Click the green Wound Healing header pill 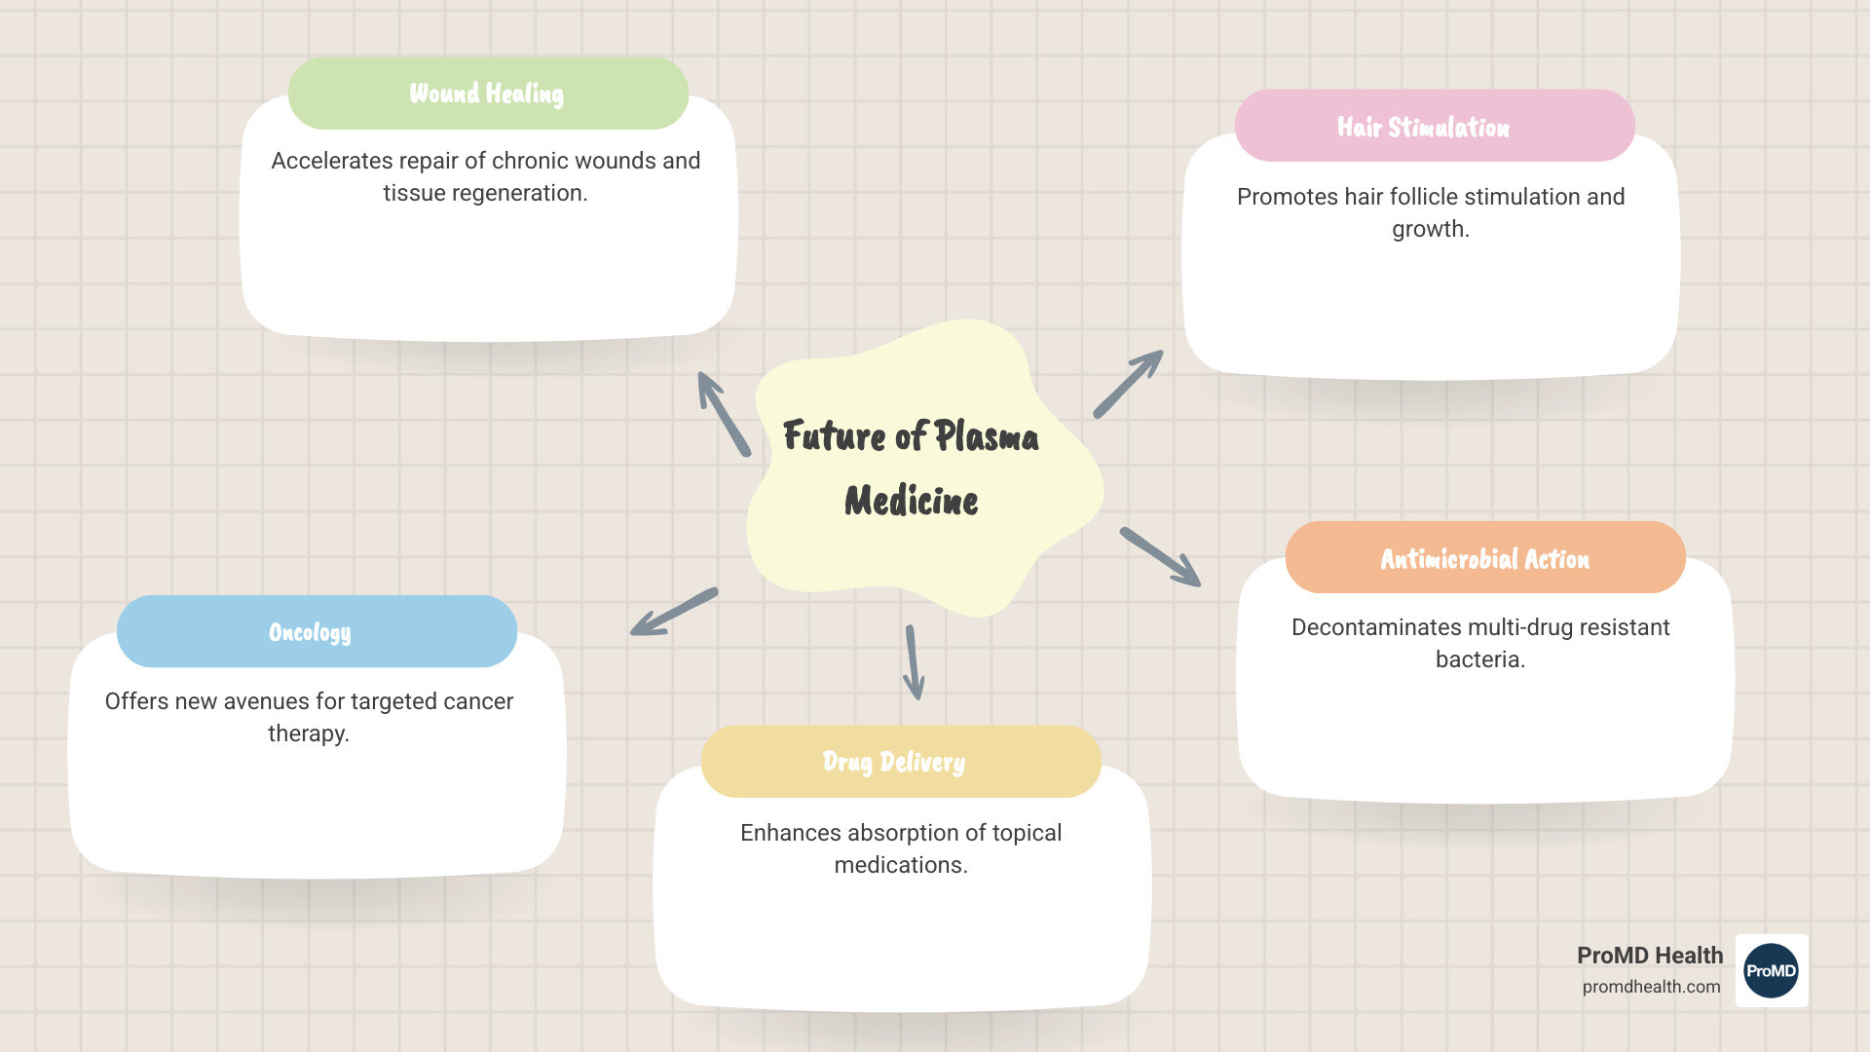point(488,94)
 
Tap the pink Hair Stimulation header point(1434,127)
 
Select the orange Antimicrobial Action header point(1484,558)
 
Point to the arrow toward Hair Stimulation point(1128,384)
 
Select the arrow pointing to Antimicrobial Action point(1160,557)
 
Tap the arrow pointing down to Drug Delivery point(914,662)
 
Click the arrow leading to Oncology point(674,612)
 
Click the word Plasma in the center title point(986,436)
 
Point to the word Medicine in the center point(911,501)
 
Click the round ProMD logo point(1771,970)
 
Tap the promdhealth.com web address point(1651,987)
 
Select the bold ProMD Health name point(1649,956)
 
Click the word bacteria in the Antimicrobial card point(1479,659)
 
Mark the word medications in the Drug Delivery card point(900,865)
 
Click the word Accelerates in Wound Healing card point(331,161)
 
